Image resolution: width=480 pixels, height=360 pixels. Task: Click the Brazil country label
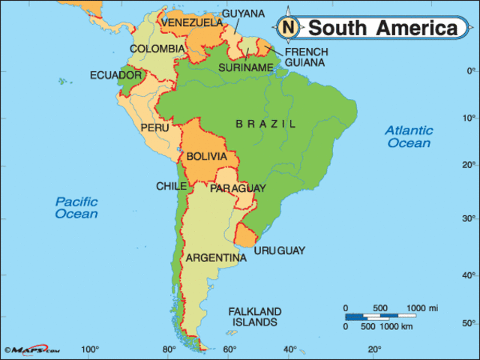265,124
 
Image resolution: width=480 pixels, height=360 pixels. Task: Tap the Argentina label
216,258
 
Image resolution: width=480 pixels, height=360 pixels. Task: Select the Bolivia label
206,156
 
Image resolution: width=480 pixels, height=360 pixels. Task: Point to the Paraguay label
238,188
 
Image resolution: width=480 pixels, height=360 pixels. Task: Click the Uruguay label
280,250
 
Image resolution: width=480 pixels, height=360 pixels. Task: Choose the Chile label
171,186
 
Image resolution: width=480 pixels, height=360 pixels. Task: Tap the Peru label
154,128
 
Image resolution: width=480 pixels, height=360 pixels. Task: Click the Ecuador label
115,75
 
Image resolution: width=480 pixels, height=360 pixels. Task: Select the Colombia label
157,49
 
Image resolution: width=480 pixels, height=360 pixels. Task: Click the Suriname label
246,67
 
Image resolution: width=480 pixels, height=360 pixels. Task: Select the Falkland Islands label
255,316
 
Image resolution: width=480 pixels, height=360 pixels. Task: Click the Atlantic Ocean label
409,136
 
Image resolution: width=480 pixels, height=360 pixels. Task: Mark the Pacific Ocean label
76,208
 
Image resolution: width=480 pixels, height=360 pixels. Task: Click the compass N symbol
288,28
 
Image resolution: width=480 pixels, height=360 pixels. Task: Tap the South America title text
382,28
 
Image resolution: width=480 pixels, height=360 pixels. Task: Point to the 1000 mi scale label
422,308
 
